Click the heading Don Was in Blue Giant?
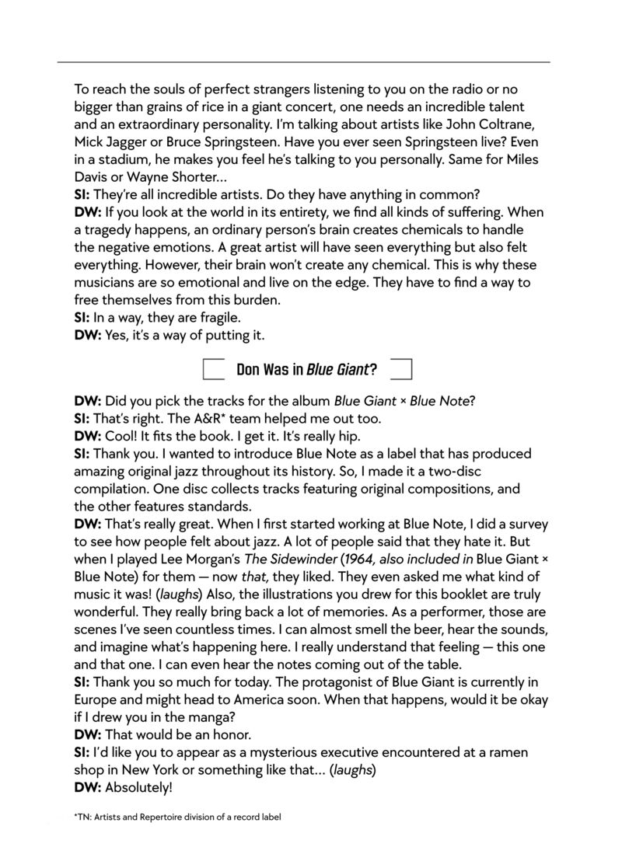(306, 369)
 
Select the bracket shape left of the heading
(213, 369)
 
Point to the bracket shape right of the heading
(401, 369)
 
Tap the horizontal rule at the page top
(303, 61)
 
